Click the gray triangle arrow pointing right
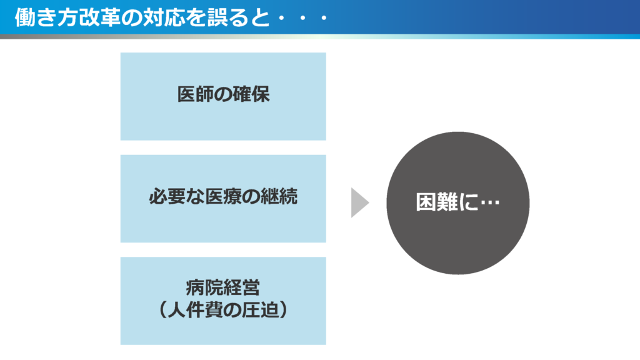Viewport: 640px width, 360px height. pos(359,203)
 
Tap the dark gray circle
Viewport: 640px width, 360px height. pos(458,203)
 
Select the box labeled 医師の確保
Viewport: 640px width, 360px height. pos(223,96)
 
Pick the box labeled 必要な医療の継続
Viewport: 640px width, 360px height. pos(223,199)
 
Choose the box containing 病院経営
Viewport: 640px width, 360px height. pos(223,301)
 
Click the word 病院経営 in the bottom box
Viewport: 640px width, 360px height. pos(223,287)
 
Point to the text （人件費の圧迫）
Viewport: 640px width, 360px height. pos(223,310)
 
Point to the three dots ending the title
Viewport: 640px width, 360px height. pos(302,18)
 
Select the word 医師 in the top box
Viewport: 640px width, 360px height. pos(196,94)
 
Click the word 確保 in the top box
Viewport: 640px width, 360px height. pos(251,94)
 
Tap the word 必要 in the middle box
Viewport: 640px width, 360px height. pos(167,196)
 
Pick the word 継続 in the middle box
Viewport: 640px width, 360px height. pos(279,196)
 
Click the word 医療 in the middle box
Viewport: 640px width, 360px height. pos(223,196)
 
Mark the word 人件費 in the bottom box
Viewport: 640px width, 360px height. pos(195,310)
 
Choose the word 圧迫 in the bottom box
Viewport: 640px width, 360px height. pos(260,310)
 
